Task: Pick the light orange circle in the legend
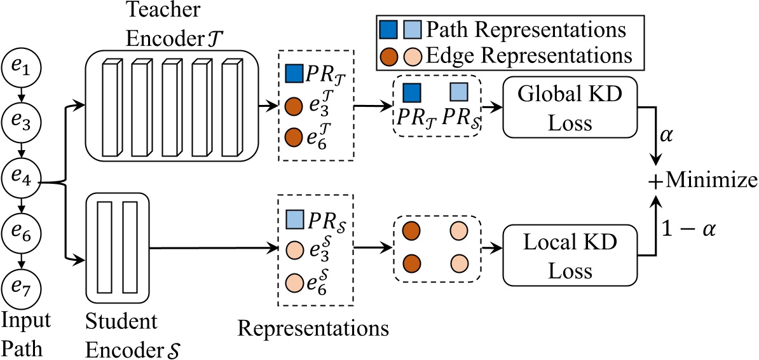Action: [412, 56]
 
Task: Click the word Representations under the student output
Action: [313, 329]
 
